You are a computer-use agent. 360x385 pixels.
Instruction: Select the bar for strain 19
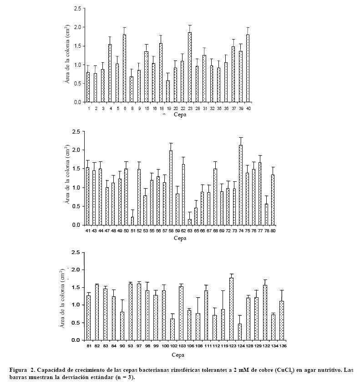tap(168, 91)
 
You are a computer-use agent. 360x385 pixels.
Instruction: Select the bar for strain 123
tap(231, 309)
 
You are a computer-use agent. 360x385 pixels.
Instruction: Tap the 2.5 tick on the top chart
tap(78, 9)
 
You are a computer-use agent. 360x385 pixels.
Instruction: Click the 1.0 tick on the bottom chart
tap(76, 305)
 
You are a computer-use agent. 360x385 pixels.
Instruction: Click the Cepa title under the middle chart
tap(179, 238)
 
